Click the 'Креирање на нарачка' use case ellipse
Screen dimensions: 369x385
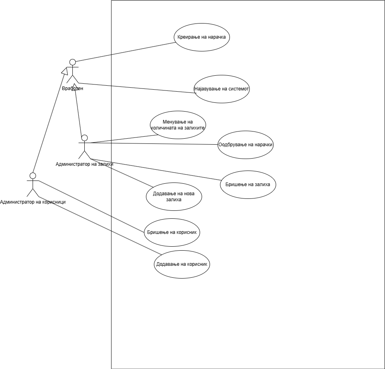coord(202,37)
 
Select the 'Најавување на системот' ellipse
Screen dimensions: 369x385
coord(222,89)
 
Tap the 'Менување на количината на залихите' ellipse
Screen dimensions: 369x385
coord(178,125)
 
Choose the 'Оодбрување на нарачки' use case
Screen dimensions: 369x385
coord(245,145)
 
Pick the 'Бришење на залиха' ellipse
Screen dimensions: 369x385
coord(248,184)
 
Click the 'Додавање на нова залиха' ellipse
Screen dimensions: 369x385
coord(173,196)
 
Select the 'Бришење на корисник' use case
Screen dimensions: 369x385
coord(171,232)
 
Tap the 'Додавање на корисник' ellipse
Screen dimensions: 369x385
coord(182,264)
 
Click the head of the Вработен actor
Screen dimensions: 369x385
coord(72,62)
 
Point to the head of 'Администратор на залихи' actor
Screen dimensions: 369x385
coord(84,138)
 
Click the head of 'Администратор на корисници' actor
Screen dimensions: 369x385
coord(33,176)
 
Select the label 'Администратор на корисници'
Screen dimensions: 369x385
coord(33,202)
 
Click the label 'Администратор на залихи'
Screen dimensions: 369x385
coord(84,164)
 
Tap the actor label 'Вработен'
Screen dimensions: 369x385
coord(72,88)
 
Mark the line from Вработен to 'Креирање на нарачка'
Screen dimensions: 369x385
coord(126,52)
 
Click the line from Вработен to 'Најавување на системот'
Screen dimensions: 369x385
coord(135,88)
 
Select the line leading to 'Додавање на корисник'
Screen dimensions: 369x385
coord(99,226)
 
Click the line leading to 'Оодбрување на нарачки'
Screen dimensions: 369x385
coord(155,143)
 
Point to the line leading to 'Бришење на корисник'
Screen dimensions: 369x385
coord(91,206)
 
